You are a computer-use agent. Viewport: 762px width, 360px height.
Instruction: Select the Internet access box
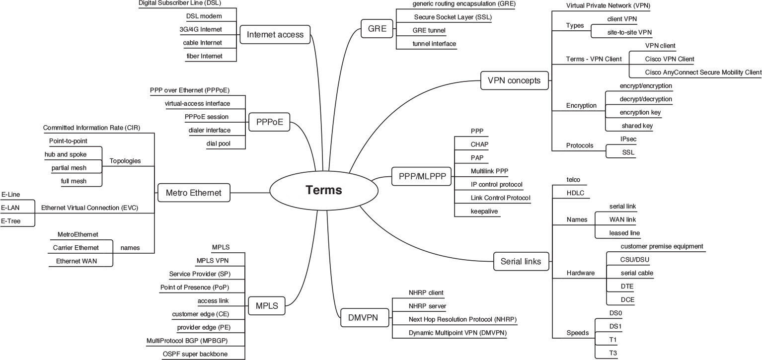(275, 35)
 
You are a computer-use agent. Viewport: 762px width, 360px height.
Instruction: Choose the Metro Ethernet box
(194, 192)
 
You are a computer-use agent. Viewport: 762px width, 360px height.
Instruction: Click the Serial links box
(517, 261)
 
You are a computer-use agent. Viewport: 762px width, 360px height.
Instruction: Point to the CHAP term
(479, 144)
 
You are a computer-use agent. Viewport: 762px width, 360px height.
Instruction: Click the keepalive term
(484, 212)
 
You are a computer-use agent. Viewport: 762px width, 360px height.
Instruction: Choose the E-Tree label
(11, 221)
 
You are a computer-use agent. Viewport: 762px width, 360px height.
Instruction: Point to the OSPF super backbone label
(196, 354)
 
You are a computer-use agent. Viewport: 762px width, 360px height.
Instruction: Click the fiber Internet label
(204, 56)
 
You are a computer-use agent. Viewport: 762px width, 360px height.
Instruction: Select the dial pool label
(219, 144)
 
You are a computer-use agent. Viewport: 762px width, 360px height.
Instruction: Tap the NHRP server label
(427, 306)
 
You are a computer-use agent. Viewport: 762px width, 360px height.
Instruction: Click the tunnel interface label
(434, 44)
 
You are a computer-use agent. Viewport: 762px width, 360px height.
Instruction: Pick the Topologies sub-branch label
(125, 161)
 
